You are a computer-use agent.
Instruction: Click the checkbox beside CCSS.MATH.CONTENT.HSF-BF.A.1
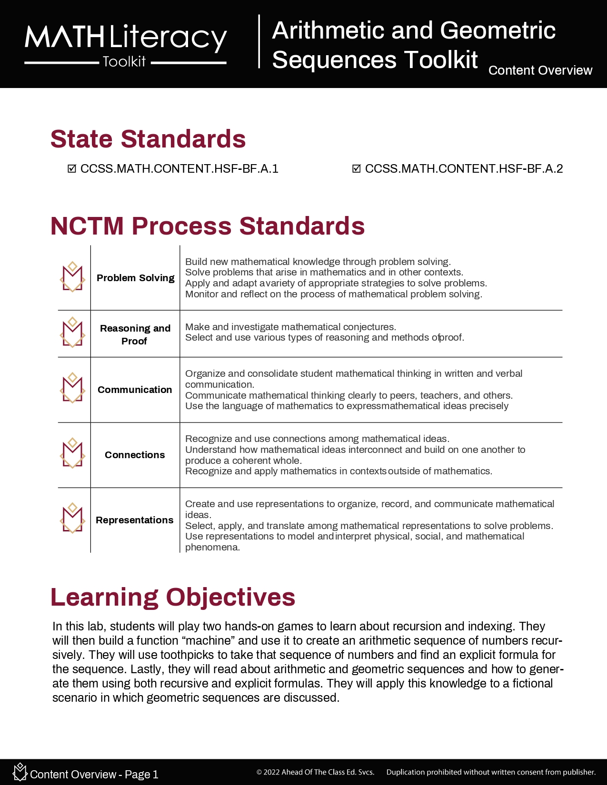(x=72, y=169)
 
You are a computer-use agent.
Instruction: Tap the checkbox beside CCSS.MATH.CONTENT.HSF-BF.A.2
(x=357, y=169)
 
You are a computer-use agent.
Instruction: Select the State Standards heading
(x=148, y=139)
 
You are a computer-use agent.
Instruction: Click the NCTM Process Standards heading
(x=208, y=226)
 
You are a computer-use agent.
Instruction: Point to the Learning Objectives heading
(x=173, y=597)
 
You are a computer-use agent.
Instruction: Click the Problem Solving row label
(x=135, y=278)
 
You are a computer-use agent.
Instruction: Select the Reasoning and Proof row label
(x=135, y=334)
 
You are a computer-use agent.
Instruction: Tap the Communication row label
(x=135, y=390)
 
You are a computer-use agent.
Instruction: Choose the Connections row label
(x=135, y=455)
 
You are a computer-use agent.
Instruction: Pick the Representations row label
(x=135, y=520)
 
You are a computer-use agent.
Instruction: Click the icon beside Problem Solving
(x=72, y=277)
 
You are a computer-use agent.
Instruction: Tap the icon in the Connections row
(x=72, y=453)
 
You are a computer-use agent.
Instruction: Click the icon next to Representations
(x=72, y=519)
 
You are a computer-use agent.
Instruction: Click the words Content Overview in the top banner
(x=540, y=70)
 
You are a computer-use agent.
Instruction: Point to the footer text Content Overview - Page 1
(x=94, y=775)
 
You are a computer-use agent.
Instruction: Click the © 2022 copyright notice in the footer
(x=315, y=772)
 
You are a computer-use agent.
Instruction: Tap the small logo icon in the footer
(x=20, y=772)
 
